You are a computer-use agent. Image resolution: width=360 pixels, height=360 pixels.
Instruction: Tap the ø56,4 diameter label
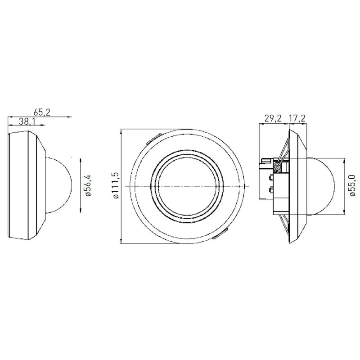[88, 186]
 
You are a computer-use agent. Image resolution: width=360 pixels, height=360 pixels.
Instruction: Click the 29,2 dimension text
[273, 118]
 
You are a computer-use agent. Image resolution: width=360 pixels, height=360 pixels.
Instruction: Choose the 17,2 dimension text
[297, 118]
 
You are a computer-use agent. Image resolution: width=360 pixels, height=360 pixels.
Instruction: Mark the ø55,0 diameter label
[352, 186]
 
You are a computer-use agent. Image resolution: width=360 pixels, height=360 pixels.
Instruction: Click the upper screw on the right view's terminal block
[270, 177]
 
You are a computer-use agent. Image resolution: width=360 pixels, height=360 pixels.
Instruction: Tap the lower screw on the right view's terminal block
[270, 190]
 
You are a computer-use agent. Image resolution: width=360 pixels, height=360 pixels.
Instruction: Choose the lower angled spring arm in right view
[283, 224]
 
